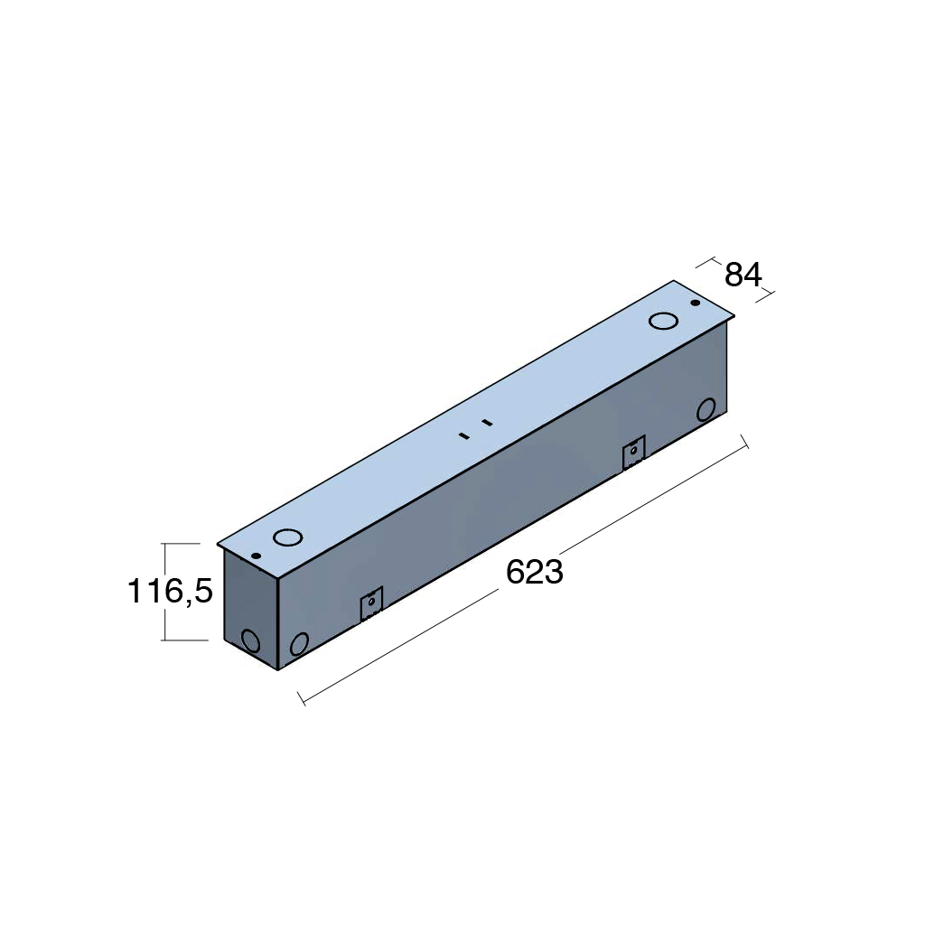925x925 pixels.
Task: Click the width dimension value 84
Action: tap(743, 275)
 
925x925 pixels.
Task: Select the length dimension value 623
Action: tap(535, 572)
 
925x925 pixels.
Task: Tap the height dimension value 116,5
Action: tap(170, 591)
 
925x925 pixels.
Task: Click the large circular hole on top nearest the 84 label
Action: tap(663, 321)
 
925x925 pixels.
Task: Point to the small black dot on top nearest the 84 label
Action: tap(696, 303)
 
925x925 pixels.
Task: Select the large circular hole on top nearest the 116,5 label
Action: tap(287, 537)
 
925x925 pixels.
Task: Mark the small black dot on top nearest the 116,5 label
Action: tap(256, 556)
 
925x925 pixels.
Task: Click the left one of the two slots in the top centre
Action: tap(464, 436)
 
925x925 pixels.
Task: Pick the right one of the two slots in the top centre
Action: tap(487, 423)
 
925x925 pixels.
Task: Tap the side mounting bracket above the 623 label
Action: tap(634, 453)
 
